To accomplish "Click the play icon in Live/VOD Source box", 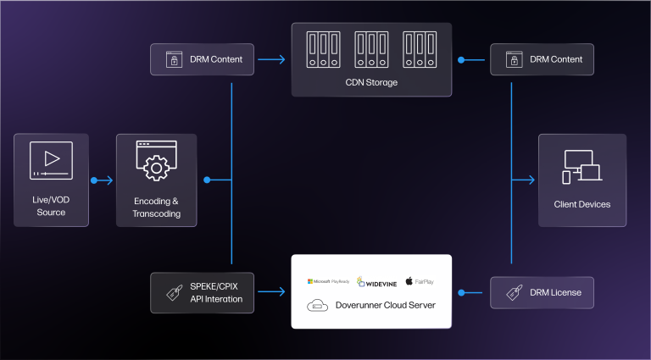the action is (x=51, y=160).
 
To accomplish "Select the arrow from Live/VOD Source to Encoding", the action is (x=102, y=180).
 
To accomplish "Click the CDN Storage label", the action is (x=371, y=82).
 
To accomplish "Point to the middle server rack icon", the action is (x=371, y=49).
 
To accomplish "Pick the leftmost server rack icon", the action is (x=324, y=49).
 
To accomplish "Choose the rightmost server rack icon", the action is (x=420, y=49).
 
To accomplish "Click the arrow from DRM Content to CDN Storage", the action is (x=271, y=59).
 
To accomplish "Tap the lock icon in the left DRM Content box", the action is (x=174, y=59).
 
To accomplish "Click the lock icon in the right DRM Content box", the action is (x=514, y=59).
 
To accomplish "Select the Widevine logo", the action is (x=376, y=282).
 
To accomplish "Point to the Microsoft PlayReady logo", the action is (x=328, y=281).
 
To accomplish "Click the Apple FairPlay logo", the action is (x=420, y=281).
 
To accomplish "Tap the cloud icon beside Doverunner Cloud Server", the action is (x=317, y=306).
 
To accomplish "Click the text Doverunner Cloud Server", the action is (x=386, y=305).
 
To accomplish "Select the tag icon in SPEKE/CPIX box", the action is (x=175, y=292).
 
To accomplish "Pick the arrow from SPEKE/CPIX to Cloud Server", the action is (x=271, y=291).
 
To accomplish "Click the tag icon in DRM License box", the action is (x=514, y=292).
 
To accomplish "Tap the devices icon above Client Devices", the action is (x=582, y=167).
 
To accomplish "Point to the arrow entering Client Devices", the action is (x=523, y=180).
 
